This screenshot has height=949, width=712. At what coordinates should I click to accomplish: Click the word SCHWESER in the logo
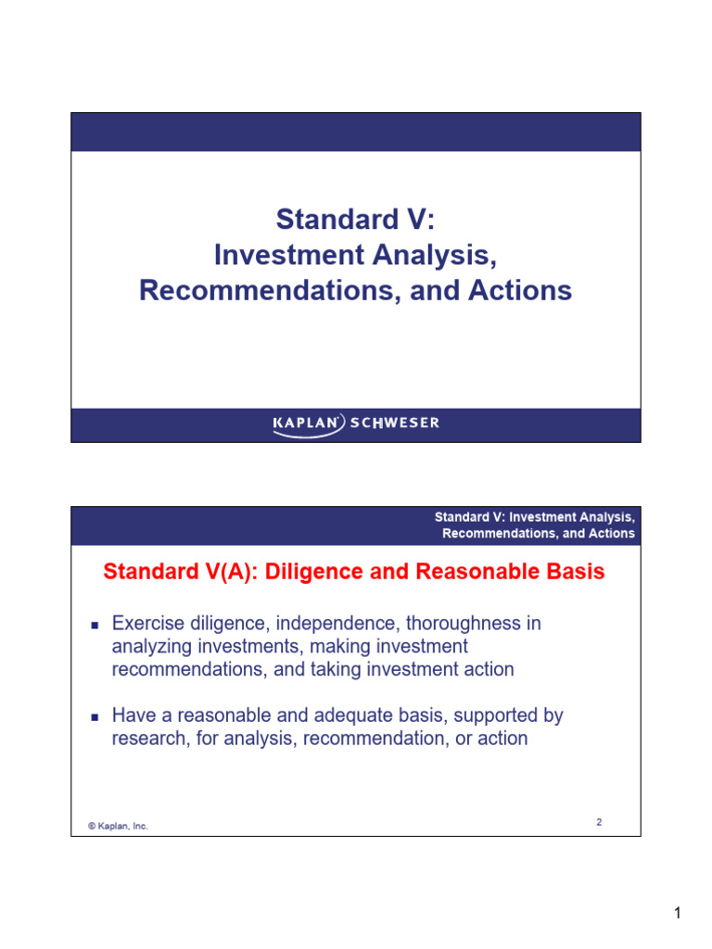pos(395,423)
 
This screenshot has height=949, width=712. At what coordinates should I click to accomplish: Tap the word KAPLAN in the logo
pos(305,423)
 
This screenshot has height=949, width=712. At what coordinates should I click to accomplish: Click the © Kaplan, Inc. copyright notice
pos(118,826)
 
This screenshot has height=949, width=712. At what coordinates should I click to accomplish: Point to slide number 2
pos(599,822)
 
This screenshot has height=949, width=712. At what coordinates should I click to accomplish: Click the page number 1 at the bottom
pos(678,913)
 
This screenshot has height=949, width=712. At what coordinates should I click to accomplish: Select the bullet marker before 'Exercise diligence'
pos(95,626)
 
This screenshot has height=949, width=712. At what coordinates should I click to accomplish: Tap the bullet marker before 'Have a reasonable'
pos(95,717)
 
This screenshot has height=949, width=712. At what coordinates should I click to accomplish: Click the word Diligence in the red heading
pos(314,572)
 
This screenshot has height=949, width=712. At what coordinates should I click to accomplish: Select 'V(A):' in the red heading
pos(233,572)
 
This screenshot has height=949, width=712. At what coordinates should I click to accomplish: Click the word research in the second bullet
pos(151,739)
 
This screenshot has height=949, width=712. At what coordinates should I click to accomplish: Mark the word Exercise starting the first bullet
pos(148,624)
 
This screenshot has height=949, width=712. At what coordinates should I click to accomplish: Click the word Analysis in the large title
pos(434,255)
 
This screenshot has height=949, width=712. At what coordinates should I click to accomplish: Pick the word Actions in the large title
pos(520,290)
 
